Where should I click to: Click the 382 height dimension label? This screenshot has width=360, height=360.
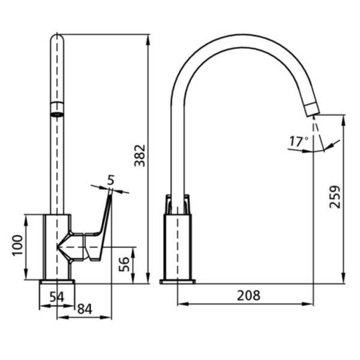tap(140, 155)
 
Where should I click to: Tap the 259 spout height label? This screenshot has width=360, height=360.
tap(335, 197)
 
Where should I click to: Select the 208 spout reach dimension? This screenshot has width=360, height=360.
tap(248, 295)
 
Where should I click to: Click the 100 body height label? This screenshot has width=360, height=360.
tap(18, 245)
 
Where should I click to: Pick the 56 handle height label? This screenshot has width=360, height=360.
tap(124, 264)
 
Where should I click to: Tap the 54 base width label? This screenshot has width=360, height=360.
tap(57, 297)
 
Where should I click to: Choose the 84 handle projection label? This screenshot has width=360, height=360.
tap(85, 309)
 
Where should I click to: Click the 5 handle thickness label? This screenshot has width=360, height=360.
tap(110, 180)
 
